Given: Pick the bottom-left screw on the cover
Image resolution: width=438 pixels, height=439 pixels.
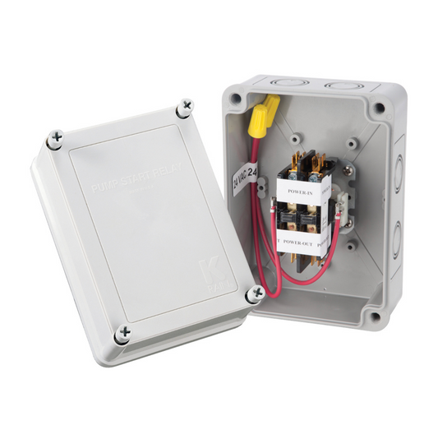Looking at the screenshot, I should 124,332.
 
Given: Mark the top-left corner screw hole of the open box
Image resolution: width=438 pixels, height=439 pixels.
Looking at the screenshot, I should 236,99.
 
